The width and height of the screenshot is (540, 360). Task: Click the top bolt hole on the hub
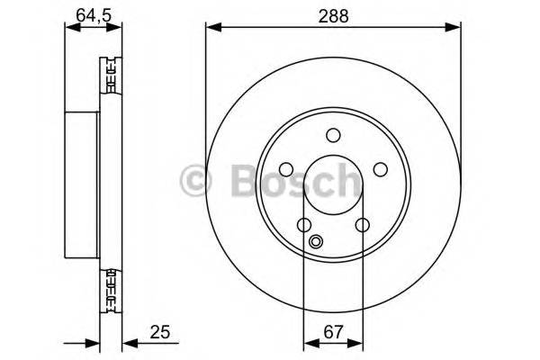click(x=333, y=136)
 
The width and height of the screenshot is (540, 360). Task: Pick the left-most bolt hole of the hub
click(x=286, y=170)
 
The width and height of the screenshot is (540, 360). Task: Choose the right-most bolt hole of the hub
click(x=380, y=170)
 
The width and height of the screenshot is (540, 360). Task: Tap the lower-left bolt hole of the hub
click(x=304, y=225)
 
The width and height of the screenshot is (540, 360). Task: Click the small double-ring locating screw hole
click(x=316, y=241)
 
